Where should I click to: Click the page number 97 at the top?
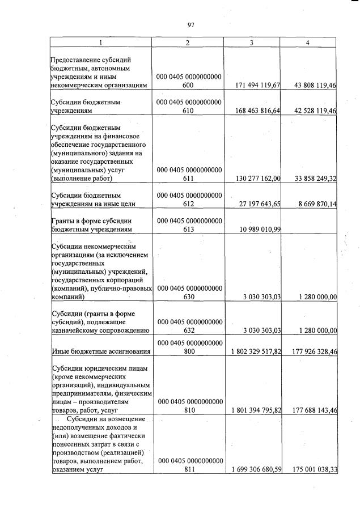190,24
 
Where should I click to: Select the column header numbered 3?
256,43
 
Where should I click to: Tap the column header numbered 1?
101,43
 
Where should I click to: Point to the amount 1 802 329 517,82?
256,351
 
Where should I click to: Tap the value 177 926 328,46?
313,351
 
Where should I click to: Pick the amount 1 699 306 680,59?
256,470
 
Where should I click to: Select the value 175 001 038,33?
313,470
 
